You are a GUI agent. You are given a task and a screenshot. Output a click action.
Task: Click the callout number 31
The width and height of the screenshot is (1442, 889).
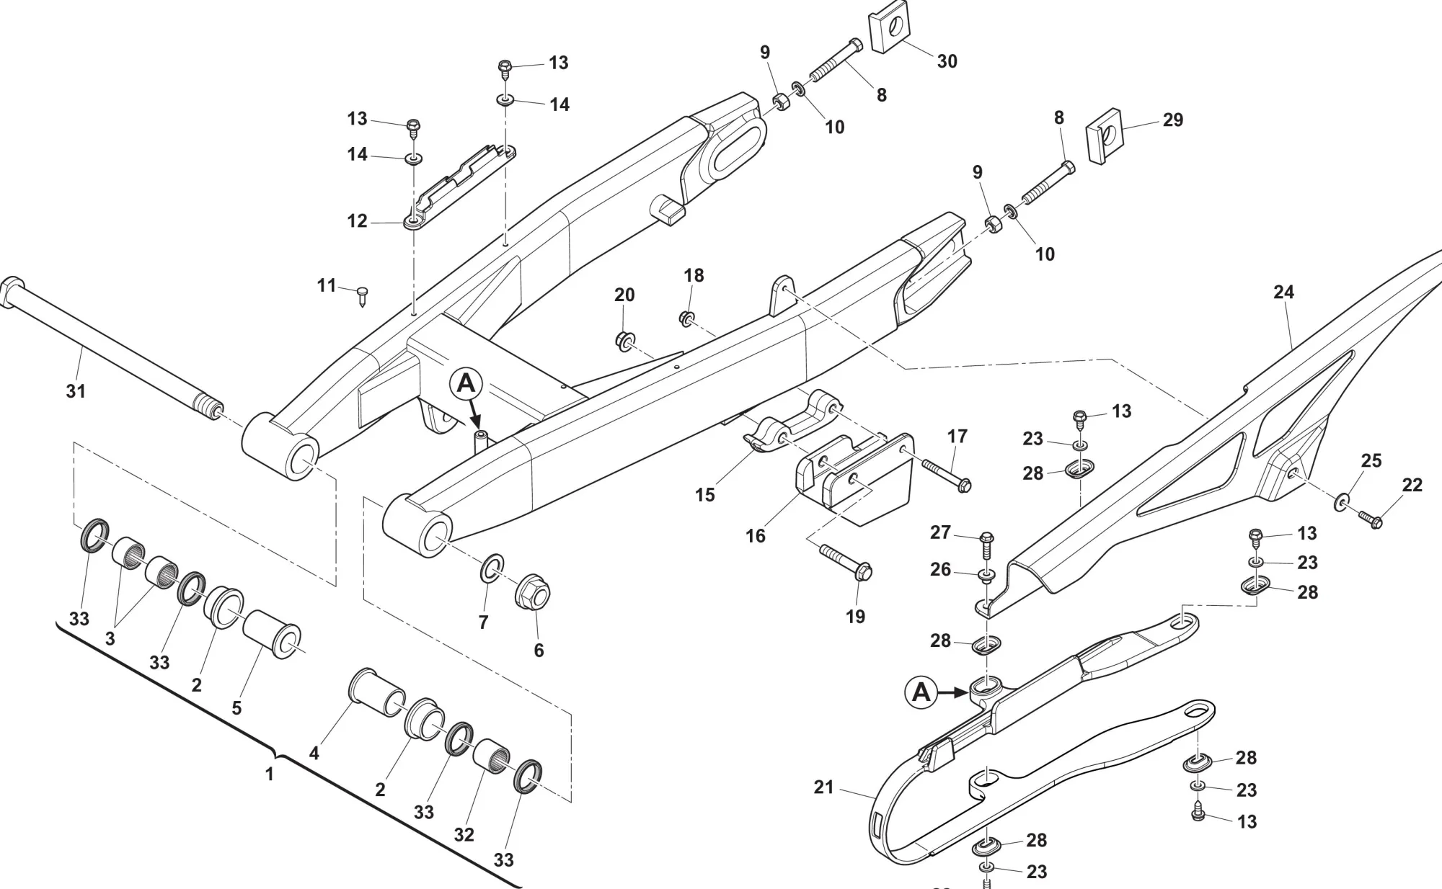coord(76,391)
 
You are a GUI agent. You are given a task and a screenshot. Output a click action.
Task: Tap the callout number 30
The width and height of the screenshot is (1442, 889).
coord(947,61)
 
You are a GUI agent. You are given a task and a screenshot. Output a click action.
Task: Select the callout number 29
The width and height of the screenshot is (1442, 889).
coord(1173,120)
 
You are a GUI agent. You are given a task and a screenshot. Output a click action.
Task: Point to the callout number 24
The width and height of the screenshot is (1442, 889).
coord(1283,292)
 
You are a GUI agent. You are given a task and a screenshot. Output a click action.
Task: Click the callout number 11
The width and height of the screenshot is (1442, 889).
coord(327,286)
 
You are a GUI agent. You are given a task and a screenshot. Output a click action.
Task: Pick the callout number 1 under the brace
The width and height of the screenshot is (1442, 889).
coord(270,774)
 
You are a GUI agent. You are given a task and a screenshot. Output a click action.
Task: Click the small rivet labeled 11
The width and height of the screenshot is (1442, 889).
coord(363,294)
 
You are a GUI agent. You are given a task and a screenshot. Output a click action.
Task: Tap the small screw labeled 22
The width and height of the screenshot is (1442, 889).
coord(1368,518)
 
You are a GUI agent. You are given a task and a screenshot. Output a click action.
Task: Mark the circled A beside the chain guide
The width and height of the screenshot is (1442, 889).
coord(921,692)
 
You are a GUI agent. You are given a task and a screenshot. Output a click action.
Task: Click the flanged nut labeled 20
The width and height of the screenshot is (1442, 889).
coord(624,339)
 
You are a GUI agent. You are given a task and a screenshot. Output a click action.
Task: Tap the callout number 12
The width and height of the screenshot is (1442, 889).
coord(358,220)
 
